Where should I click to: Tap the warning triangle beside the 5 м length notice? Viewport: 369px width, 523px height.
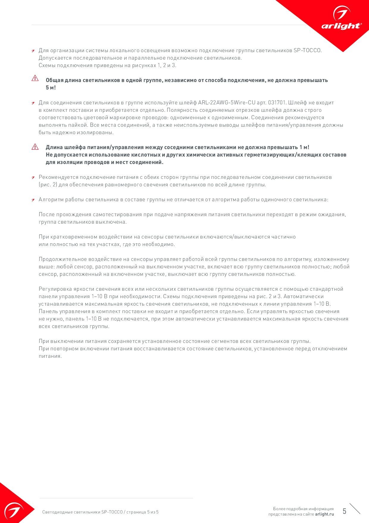pos(35,78)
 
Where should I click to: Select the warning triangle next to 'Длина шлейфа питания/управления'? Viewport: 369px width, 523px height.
pos(35,147)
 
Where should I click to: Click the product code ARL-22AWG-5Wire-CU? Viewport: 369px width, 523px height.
pos(227,103)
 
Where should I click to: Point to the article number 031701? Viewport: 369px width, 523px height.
pos(277,103)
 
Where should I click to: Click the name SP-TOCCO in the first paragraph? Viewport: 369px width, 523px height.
pos(307,50)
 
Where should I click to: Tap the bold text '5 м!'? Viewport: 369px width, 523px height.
pos(51,88)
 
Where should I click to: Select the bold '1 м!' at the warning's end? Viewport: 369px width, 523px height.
pos(304,147)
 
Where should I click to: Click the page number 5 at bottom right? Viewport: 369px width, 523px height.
pos(344,511)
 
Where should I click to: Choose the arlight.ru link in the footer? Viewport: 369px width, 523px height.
pos(324,514)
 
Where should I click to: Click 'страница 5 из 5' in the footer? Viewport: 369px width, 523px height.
pos(142,512)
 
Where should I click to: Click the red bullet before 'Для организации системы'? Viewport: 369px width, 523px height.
pos(33,51)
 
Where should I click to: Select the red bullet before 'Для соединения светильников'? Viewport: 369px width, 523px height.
pos(33,103)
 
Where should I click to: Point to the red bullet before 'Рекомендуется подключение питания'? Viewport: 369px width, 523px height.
pos(33,178)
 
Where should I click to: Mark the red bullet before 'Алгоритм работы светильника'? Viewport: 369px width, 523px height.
pos(33,200)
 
